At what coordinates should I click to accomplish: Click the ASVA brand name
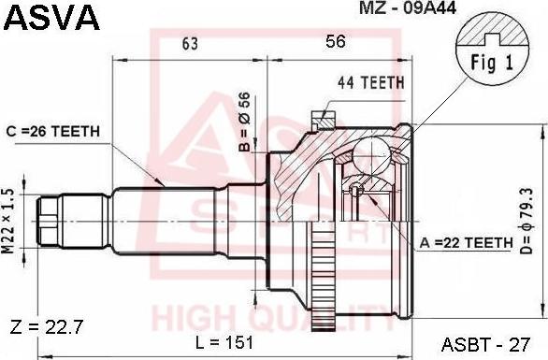click(x=51, y=17)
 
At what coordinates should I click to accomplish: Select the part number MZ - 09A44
click(x=408, y=7)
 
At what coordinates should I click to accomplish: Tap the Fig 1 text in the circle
click(x=492, y=63)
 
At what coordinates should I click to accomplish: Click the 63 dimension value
click(x=190, y=43)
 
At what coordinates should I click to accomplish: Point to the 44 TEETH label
click(x=371, y=82)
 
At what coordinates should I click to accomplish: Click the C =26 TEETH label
click(x=53, y=132)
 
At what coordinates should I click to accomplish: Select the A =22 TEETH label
click(x=466, y=242)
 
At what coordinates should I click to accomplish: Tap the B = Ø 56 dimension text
click(x=244, y=122)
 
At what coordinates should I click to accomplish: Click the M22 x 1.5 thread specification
click(x=8, y=221)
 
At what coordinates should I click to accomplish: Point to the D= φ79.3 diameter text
click(x=527, y=221)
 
